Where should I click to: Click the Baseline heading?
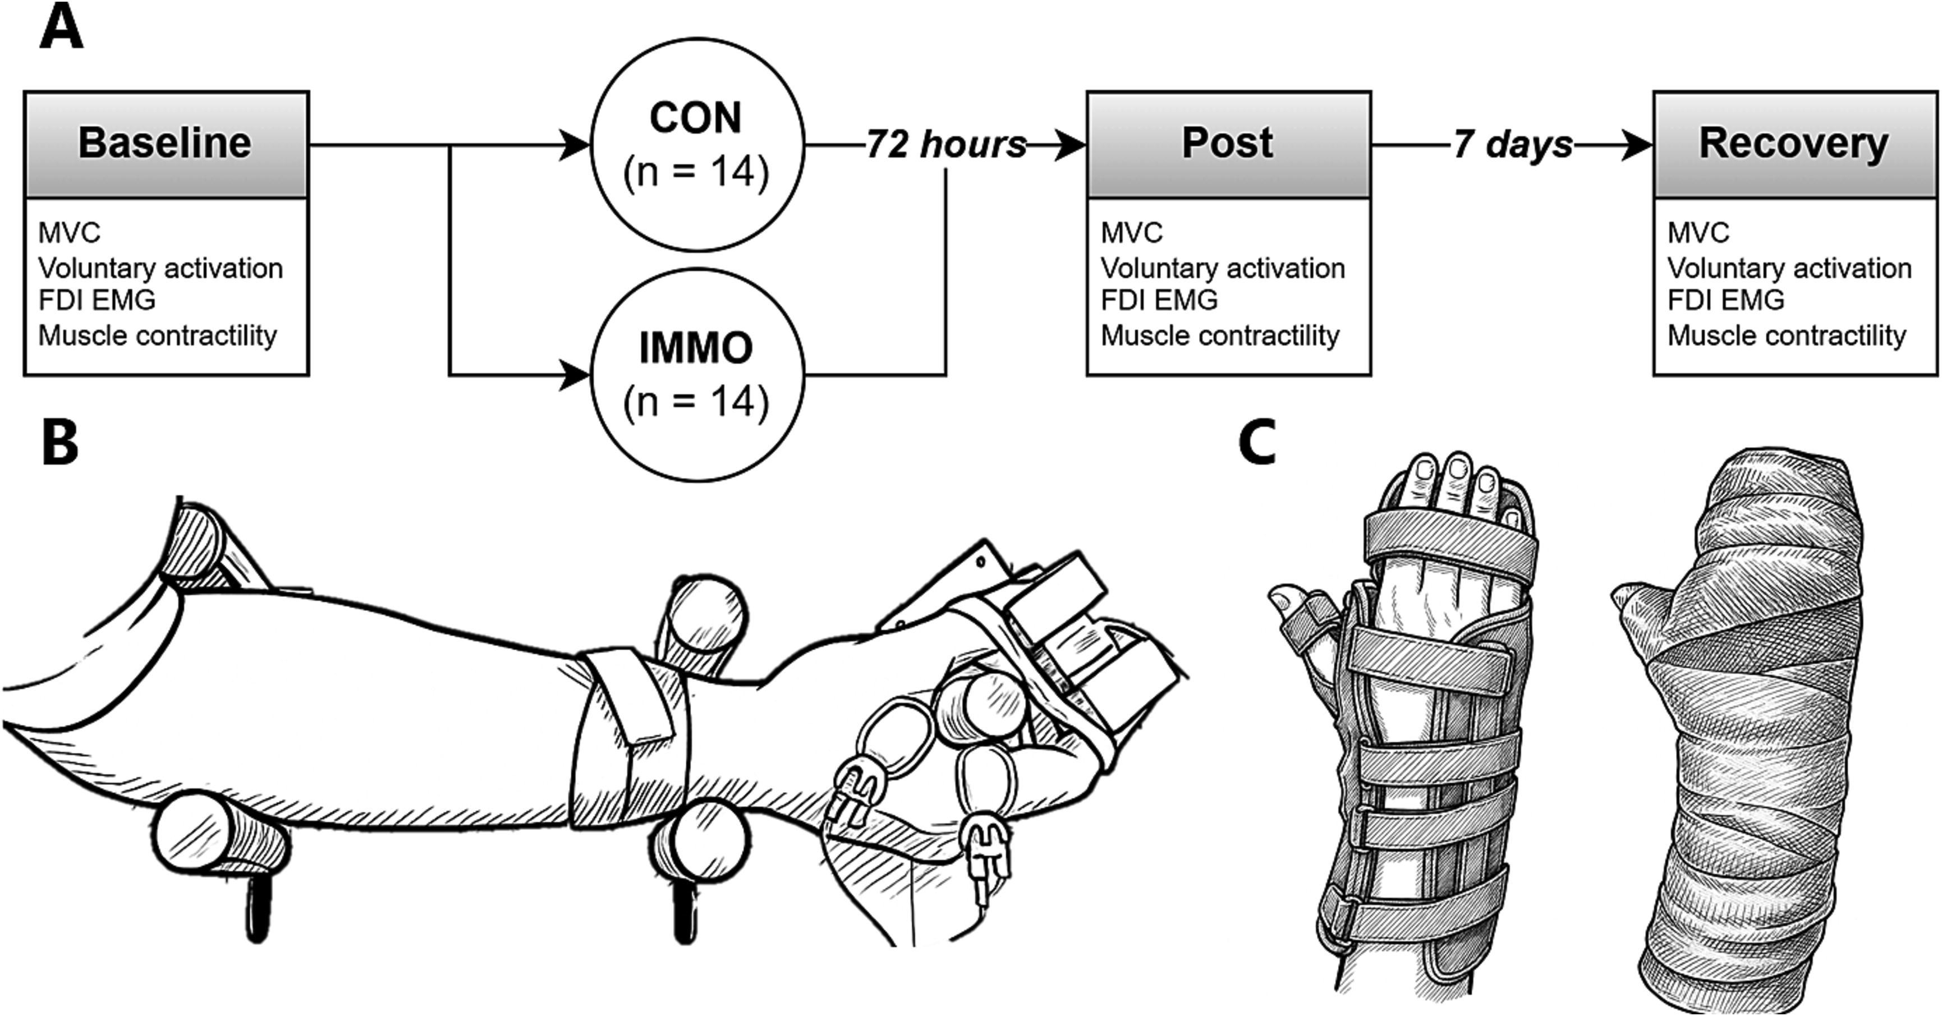(165, 143)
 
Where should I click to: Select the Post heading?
(1227, 143)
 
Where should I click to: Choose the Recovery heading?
(1793, 143)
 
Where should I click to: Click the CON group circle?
(696, 145)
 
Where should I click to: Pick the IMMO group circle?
(696, 375)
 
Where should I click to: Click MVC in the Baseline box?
(70, 233)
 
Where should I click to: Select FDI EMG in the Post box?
(1159, 300)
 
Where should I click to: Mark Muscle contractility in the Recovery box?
(1787, 335)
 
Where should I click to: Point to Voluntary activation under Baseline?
(160, 268)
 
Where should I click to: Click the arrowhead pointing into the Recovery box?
(1637, 145)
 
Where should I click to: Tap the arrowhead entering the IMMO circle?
(575, 375)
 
